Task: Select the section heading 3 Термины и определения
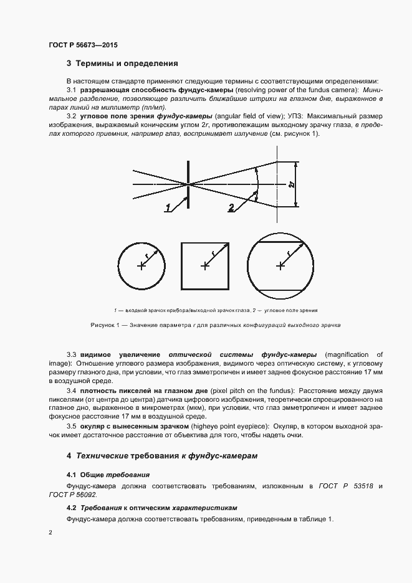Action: coord(122,64)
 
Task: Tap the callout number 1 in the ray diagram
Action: coord(168,208)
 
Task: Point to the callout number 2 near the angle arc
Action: coord(231,207)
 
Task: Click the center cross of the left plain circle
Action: coord(142,266)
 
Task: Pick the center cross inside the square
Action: coord(204,266)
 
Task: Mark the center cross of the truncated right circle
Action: coord(280,266)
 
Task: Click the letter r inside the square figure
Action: coord(213,252)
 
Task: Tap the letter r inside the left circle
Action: coord(147,255)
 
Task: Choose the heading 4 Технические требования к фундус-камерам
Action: coord(162,456)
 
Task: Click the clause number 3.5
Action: coord(71,425)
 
